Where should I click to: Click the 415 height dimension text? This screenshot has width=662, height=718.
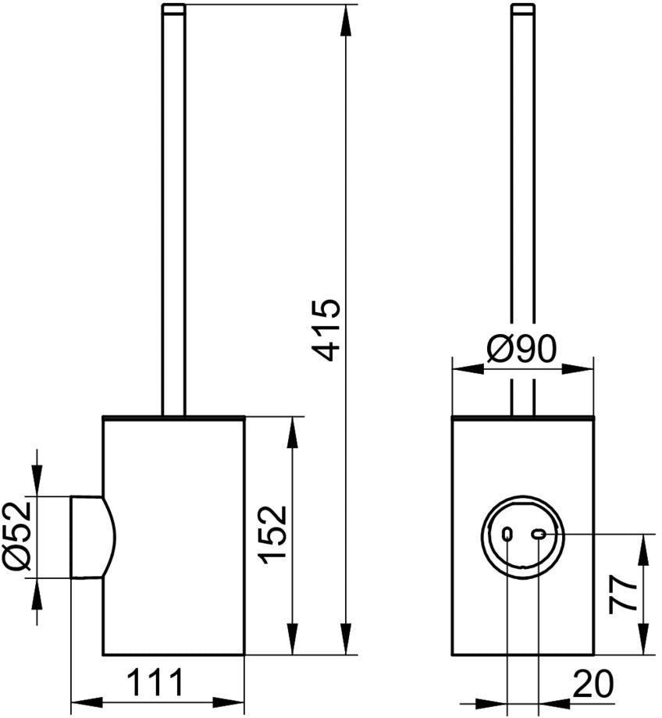coord(326,330)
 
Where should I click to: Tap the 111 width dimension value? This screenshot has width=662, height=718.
coord(155,682)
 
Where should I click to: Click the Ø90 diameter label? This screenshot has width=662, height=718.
coord(521,348)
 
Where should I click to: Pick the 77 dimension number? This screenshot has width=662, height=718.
coord(623,595)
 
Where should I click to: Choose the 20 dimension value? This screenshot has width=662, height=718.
coord(593,684)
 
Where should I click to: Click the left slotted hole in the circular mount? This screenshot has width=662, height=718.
coord(507,534)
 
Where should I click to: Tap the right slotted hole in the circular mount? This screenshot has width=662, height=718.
coord(538,534)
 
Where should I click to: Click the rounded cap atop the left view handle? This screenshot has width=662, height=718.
coord(173,9)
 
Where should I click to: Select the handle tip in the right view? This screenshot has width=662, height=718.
coord(523,9)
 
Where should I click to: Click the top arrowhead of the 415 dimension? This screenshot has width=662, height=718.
coord(347,20)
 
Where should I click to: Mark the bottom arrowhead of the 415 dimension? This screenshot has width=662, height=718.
coord(347,638)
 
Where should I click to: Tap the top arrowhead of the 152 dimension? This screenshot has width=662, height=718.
coord(293,432)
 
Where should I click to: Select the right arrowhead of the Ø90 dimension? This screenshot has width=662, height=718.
coord(578,369)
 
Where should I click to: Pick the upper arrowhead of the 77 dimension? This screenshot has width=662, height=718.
coord(644,550)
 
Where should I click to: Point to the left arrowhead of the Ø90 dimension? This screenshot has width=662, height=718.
coord(468,369)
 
